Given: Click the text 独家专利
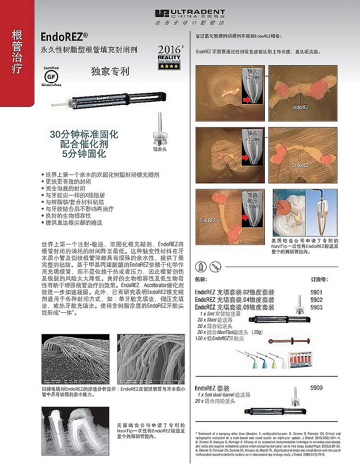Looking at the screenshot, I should coord(110,72).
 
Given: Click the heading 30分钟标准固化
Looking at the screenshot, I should coord(84,134).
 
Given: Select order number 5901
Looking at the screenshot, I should coord(316,293).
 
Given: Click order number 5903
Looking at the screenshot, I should coord(316,307).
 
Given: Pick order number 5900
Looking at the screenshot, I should coord(316,388).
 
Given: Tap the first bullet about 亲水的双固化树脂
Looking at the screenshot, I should coord(102,175).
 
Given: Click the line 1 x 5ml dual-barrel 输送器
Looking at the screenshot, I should coord(224,395).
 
